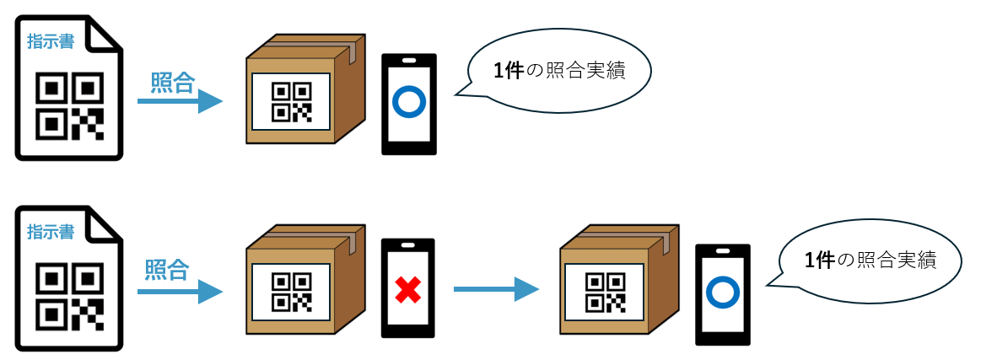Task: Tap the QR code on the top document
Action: [69, 105]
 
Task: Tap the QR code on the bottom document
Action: [69, 296]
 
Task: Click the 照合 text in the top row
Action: [172, 83]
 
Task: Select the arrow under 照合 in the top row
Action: [179, 102]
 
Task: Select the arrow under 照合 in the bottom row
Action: [179, 292]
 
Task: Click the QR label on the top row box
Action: [290, 101]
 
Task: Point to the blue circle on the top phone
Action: [410, 103]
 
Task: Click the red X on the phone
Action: [408, 291]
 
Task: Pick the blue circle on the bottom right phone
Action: [722, 293]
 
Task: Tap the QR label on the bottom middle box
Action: [290, 292]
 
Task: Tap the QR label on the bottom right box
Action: [604, 292]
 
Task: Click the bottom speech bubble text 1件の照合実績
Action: [870, 261]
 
